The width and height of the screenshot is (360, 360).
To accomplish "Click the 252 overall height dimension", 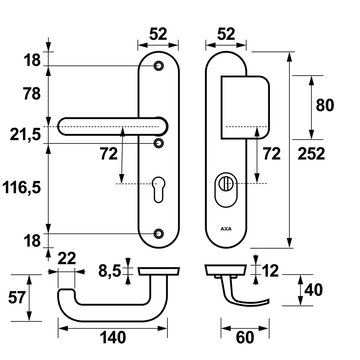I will [311, 154].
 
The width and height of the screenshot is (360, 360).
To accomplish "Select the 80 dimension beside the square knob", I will [325, 105].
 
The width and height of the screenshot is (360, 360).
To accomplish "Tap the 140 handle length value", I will [112, 338].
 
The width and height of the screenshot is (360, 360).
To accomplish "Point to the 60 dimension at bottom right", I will [245, 338].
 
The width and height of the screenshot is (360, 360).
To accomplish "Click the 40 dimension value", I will [313, 290].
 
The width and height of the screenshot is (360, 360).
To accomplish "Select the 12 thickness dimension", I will [270, 271].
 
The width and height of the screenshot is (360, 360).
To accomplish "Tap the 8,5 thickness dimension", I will [110, 271].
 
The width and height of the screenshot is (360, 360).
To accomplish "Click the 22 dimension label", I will [66, 259].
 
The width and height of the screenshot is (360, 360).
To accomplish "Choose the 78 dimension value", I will [31, 94].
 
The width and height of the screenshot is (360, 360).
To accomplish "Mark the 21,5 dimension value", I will [25, 134].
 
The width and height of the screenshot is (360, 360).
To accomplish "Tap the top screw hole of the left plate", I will [158, 66].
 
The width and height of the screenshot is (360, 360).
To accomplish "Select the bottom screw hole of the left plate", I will [158, 233].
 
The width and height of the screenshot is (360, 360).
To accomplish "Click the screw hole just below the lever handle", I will [158, 143].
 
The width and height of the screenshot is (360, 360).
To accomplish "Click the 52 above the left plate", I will [158, 34].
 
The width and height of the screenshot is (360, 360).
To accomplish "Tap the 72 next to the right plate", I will [271, 154].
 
